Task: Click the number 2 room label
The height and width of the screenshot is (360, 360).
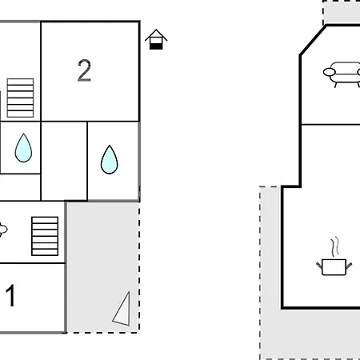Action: tap(84, 70)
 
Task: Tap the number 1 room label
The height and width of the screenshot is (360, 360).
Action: tap(10, 295)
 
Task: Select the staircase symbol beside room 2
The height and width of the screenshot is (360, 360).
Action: tap(20, 98)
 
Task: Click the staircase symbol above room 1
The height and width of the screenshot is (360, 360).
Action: tap(45, 236)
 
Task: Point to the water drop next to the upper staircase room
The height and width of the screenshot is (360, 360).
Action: tap(23, 148)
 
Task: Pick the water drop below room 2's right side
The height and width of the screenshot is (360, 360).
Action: tap(110, 159)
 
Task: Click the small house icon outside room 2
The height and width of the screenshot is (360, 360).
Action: tap(156, 39)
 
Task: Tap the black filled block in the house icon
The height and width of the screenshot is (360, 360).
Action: tap(156, 46)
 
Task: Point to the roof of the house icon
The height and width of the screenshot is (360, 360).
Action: tap(156, 34)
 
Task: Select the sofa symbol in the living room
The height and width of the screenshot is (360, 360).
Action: tap(342, 74)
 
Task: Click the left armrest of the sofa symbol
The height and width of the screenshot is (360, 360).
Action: tap(330, 72)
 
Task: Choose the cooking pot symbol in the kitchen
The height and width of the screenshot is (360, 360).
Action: tap(334, 266)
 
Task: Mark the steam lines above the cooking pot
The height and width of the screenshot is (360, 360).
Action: tap(335, 246)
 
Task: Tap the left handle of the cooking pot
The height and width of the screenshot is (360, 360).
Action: tap(319, 266)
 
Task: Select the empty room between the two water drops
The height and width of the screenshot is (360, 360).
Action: tap(64, 161)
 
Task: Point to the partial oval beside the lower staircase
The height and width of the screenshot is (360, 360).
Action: tap(2, 230)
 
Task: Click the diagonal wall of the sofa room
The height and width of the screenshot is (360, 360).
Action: tap(313, 40)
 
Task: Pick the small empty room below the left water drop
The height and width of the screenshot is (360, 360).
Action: tap(20, 187)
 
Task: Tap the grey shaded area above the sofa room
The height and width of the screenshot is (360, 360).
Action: tap(342, 14)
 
